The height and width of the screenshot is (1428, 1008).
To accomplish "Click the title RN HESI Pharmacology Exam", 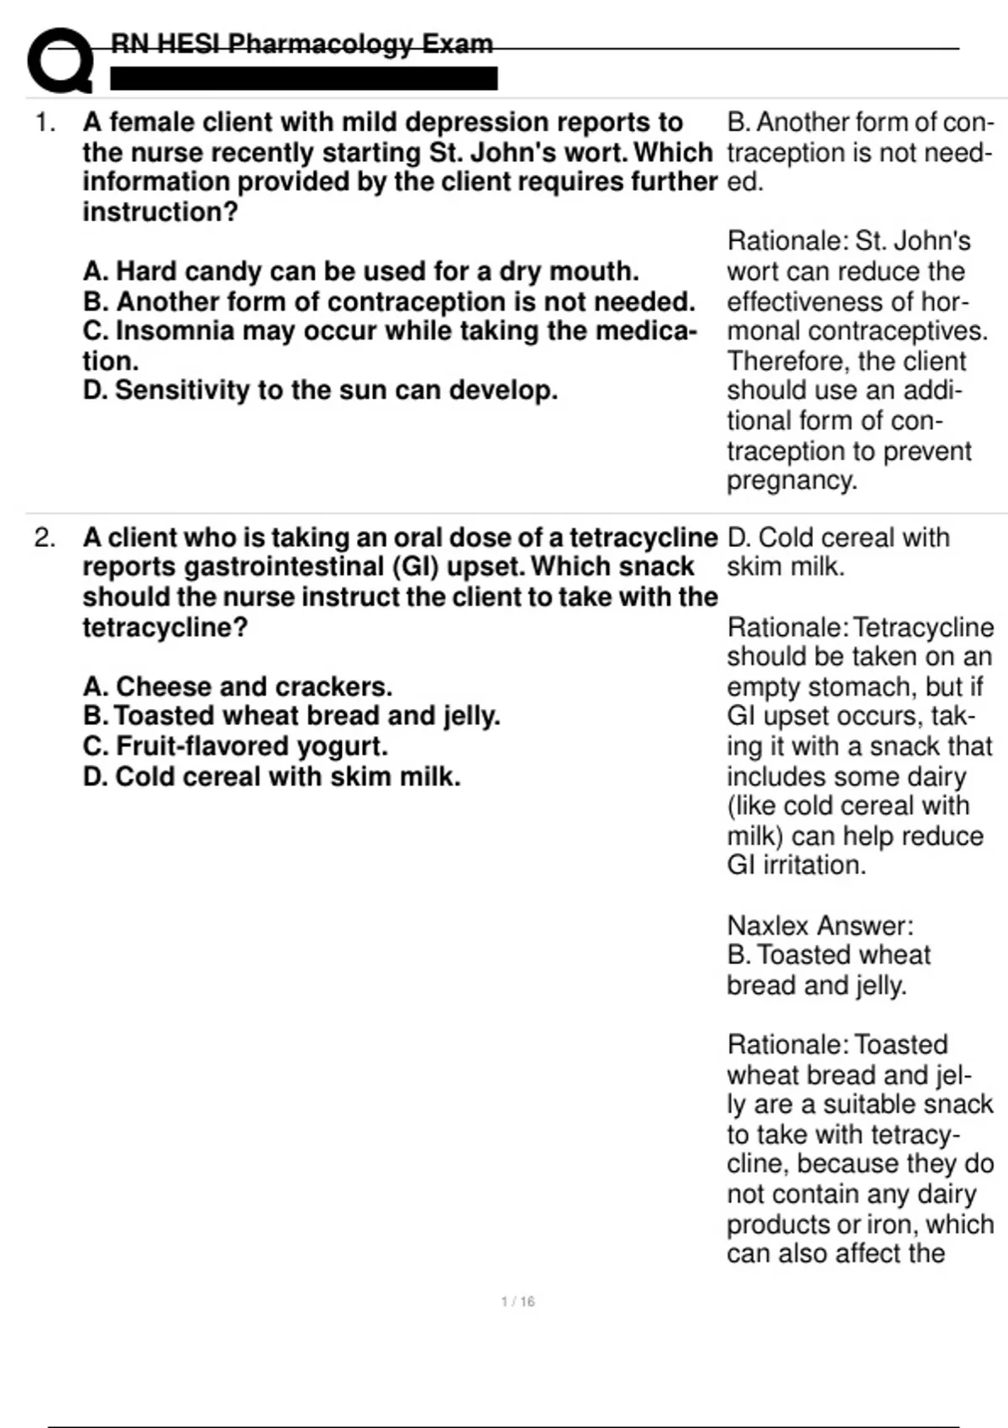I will point(302,44).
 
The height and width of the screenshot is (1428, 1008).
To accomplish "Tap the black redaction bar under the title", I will point(303,79).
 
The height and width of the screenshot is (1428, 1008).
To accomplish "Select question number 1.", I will point(45,123).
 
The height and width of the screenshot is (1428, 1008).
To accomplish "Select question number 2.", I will point(45,538).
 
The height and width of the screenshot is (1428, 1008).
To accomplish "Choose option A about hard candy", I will point(360,271).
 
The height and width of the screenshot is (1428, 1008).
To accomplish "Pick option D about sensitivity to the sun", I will point(320,391).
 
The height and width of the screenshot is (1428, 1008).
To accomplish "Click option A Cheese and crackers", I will point(238,687).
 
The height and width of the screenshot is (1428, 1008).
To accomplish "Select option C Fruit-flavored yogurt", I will point(235,747).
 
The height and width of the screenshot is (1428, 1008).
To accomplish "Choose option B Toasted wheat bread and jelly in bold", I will point(291,717).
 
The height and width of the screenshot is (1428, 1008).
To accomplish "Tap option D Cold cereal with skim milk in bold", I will point(271,777).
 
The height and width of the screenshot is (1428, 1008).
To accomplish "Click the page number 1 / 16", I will point(517,1302).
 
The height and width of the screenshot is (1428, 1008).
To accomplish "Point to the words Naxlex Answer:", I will point(820,926).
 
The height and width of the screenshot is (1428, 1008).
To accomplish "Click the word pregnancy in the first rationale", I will point(790,480).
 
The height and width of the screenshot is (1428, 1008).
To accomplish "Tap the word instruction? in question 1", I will point(160,213).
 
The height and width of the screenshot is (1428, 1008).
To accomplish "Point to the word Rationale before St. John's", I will point(788,241).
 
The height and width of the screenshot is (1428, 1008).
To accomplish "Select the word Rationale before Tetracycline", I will point(788,627).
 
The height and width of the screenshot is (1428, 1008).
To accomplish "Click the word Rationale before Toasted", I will point(788,1045).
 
